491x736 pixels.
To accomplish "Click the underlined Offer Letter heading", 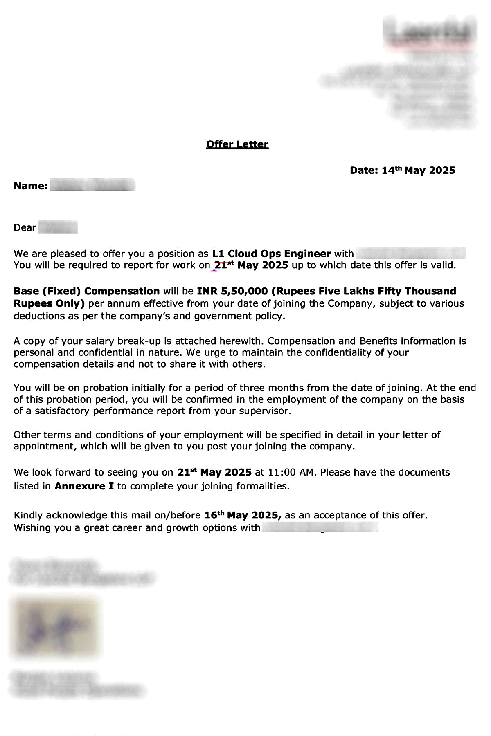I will pyautogui.click(x=237, y=144).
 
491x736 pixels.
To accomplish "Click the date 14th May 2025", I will pyautogui.click(x=418, y=171).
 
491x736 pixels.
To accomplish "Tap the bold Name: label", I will pyautogui.click(x=31, y=186).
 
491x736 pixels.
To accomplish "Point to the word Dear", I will pyautogui.click(x=25, y=228).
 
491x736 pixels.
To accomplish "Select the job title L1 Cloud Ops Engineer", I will pyautogui.click(x=271, y=254).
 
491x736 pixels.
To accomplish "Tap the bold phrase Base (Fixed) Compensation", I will pyautogui.click(x=87, y=292).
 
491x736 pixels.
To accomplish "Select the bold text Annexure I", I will pyautogui.click(x=84, y=486).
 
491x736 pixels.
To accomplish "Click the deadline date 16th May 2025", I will pyautogui.click(x=242, y=515).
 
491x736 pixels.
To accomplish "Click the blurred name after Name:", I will pyautogui.click(x=92, y=186).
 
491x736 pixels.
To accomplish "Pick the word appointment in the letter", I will pyautogui.click(x=45, y=446).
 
